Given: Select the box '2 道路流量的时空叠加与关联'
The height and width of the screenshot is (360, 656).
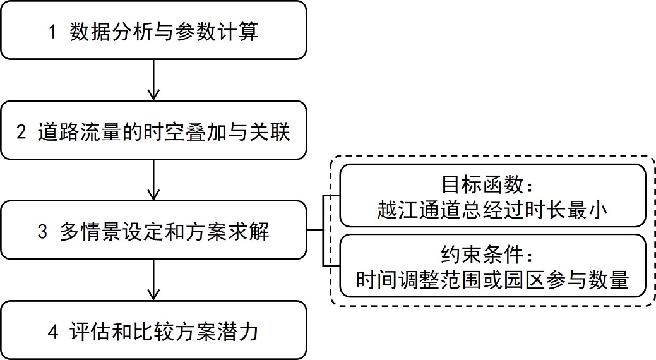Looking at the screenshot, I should [153, 133].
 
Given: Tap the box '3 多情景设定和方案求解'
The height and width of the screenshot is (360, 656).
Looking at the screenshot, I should [153, 232].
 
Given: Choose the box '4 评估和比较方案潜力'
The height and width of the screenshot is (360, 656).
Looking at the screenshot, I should [153, 331].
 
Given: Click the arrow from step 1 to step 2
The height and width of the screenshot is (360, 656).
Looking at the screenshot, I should [153, 80].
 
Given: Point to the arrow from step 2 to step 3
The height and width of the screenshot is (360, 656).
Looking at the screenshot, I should [153, 179].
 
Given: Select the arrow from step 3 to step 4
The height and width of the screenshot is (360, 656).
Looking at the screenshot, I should [153, 280].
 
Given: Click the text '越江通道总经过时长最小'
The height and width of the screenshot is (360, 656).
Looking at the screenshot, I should [492, 209].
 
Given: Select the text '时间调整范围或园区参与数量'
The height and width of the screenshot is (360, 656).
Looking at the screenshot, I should [492, 280].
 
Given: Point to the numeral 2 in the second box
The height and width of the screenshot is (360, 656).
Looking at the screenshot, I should [22, 133].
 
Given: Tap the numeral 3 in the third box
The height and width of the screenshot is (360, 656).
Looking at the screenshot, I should [42, 232].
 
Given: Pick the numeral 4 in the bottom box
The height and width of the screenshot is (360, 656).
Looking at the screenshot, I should [52, 332].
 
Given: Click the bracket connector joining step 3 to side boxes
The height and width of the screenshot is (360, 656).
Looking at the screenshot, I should [324, 231].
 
